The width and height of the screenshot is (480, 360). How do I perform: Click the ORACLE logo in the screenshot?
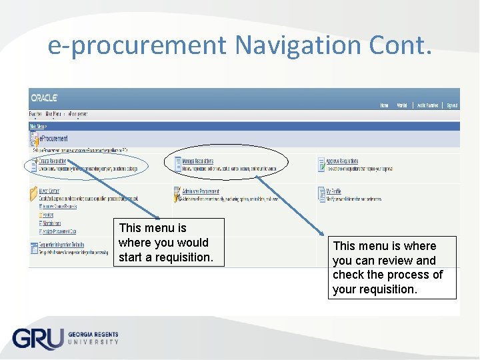44,97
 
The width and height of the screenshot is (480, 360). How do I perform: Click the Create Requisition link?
53,161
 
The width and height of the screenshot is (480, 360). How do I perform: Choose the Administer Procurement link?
201,191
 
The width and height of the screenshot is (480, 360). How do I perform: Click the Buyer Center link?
49,191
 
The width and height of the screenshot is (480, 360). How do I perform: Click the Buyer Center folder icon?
33,194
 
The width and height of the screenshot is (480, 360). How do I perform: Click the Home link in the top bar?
384,105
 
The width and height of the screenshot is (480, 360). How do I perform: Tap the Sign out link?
452,105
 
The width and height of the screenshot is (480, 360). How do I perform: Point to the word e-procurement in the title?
137,45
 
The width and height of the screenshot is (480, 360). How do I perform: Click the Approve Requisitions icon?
321,163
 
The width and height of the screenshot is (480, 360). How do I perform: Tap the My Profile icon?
321,194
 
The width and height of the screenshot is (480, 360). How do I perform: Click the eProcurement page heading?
53,139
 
